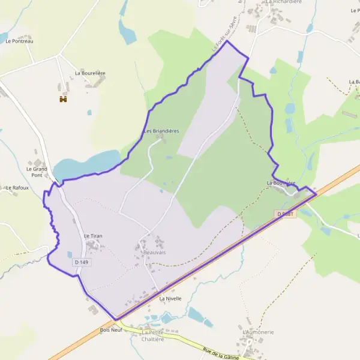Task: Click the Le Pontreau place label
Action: click(x=19, y=41)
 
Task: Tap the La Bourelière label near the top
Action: click(x=90, y=73)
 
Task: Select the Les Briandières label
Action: click(x=161, y=131)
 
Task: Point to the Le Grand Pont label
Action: click(x=37, y=172)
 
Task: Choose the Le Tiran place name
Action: click(x=93, y=236)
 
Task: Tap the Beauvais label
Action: click(x=155, y=253)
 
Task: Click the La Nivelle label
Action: click(x=170, y=298)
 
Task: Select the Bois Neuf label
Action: click(x=112, y=330)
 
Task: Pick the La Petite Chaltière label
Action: click(x=152, y=335)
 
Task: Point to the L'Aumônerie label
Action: click(x=258, y=332)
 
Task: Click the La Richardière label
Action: click(x=283, y=2)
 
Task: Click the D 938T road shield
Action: click(x=287, y=214)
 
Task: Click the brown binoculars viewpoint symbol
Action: click(x=62, y=99)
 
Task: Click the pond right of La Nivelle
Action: click(x=197, y=314)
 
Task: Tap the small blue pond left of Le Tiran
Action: click(x=70, y=254)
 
